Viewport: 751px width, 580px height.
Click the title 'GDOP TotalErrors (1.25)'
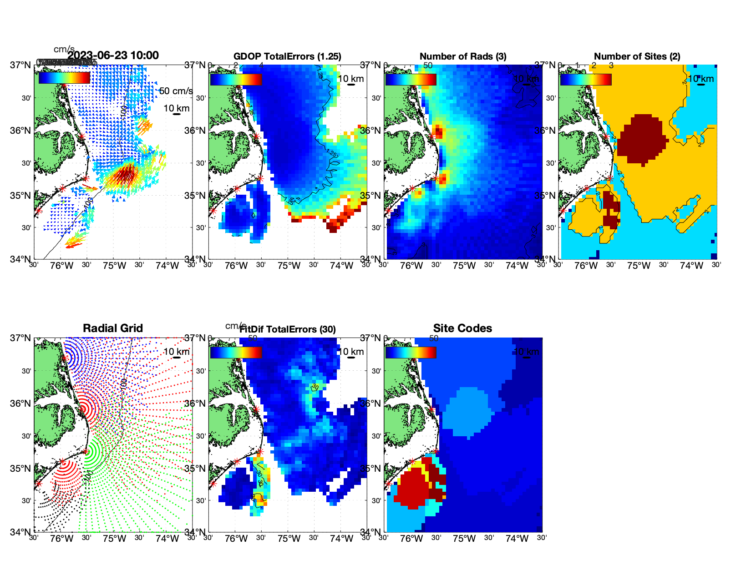point(287,56)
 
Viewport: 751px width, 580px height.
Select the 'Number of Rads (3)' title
point(463,56)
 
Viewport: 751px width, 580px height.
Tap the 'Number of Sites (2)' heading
point(637,56)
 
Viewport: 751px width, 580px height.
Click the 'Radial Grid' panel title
point(113,328)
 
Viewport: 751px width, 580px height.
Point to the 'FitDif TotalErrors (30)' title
point(288,329)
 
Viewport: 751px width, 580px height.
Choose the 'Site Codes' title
point(462,328)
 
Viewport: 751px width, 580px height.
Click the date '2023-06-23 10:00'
point(113,55)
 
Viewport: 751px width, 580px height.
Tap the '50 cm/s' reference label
point(176,91)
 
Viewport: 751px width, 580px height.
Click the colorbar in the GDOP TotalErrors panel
point(236,79)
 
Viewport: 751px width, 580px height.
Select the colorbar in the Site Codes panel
point(411,352)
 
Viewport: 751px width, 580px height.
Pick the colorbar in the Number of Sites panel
point(586,79)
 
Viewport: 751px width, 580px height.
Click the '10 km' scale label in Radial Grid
point(176,352)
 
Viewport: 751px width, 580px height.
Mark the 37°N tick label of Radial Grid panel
point(20,338)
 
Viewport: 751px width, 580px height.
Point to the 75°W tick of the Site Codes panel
point(464,539)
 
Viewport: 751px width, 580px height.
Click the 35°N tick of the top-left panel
point(20,196)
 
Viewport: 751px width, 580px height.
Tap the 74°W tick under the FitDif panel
point(341,539)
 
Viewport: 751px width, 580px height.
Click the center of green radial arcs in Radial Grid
point(86,451)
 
